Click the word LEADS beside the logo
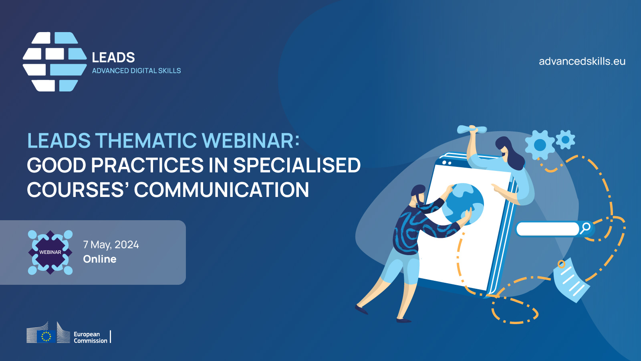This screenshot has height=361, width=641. [113, 58]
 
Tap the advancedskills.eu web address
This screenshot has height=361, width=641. [582, 61]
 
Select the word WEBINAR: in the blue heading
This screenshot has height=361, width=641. [251, 140]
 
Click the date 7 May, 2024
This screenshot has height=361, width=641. [111, 245]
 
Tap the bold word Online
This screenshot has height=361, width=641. [100, 259]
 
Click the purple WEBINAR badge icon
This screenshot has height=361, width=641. [50, 252]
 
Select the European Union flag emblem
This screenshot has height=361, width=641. [46, 337]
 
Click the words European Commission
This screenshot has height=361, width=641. [91, 337]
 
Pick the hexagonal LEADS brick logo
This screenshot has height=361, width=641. [54, 62]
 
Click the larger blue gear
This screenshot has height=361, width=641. [540, 145]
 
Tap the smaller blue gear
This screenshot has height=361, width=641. [565, 140]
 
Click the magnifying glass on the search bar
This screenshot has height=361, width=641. [585, 228]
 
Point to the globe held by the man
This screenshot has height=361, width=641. [463, 204]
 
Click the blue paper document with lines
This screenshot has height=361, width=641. [571, 280]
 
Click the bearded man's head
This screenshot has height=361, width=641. [418, 195]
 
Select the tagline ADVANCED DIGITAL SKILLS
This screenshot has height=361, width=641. [136, 71]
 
